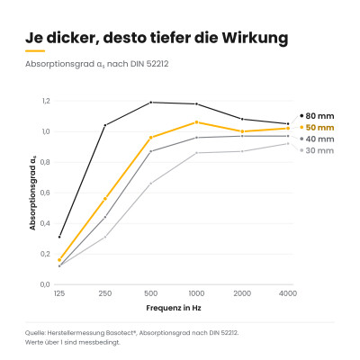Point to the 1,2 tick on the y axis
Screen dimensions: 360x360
coord(46,101)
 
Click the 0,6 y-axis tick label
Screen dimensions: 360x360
coord(45,193)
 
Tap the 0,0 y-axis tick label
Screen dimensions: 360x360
coord(45,284)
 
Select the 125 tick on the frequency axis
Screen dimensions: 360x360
coord(59,293)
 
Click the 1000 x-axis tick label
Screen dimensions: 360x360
coord(196,293)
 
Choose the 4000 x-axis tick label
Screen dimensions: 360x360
coord(288,293)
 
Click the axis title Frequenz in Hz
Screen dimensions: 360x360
coord(174,308)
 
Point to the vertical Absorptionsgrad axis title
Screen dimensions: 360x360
coord(32,193)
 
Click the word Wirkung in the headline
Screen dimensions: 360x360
coord(255,38)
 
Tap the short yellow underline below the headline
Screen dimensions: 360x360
coord(35,51)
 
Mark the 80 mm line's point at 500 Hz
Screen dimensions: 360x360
coord(151,103)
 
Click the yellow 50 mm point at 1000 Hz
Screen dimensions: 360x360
coord(196,122)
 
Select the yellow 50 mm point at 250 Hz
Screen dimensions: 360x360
coord(105,199)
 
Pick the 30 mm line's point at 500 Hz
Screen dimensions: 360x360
coord(151,184)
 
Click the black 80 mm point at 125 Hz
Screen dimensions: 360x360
coord(59,237)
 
